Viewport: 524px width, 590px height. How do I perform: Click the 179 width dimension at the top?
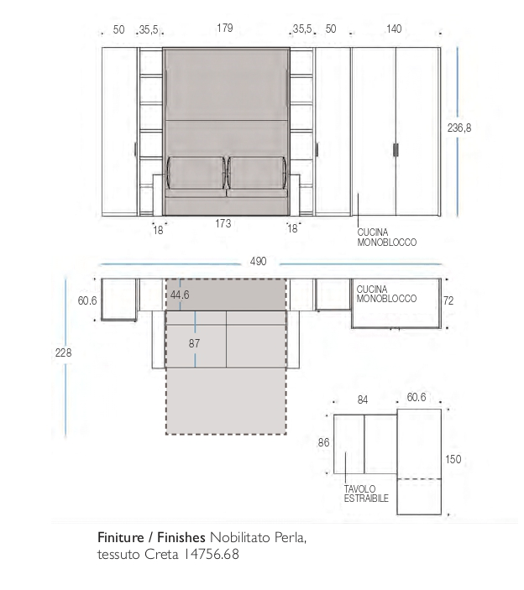(x=225, y=29)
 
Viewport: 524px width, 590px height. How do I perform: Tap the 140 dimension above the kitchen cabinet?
(x=394, y=29)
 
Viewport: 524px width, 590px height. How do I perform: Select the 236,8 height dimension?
(x=458, y=128)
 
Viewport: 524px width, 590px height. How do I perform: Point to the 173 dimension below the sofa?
(x=223, y=223)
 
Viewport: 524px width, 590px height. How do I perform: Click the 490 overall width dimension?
(x=259, y=261)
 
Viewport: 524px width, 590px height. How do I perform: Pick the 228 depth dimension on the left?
(x=63, y=353)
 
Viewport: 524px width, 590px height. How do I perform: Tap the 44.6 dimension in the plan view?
(x=180, y=295)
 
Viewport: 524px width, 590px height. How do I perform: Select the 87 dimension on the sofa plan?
(x=194, y=343)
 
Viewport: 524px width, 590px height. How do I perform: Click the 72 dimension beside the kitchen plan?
(x=448, y=300)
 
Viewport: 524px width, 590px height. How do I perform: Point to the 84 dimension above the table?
(x=363, y=400)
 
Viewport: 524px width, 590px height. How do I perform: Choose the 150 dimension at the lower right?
(x=453, y=459)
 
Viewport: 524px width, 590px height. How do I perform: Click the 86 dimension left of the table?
(x=324, y=442)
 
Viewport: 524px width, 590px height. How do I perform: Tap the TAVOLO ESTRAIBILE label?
(x=366, y=493)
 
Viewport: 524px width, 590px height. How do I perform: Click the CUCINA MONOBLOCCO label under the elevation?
(x=387, y=238)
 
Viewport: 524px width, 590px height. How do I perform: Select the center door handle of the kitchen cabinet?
(x=396, y=149)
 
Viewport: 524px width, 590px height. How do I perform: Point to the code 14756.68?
(x=212, y=554)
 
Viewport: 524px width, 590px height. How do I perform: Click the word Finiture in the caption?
(x=121, y=537)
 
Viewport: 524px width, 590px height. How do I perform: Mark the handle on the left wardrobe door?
(x=135, y=149)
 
